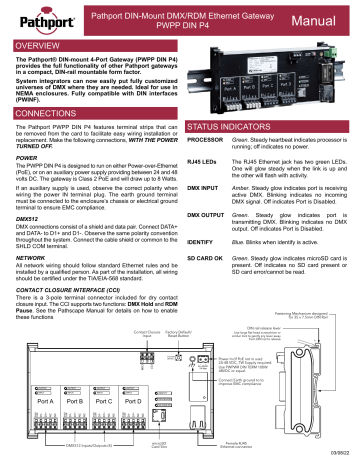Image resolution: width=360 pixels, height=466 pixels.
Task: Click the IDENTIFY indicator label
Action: pos(205,241)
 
